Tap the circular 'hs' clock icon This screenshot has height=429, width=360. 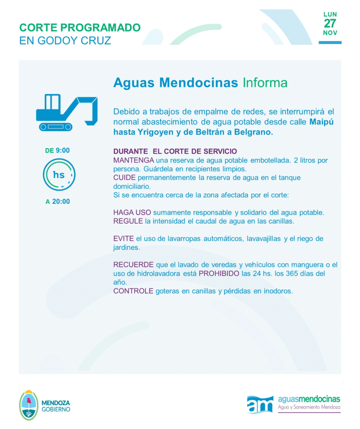59,175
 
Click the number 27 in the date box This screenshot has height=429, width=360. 330,23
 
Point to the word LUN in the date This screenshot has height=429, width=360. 330,14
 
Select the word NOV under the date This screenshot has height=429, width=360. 330,33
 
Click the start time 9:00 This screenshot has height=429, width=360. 62,150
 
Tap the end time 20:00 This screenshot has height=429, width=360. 61,202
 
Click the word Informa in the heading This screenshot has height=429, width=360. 265,83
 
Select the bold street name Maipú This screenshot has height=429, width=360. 322,122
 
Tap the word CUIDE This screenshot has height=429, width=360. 124,178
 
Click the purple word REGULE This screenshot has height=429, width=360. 128,221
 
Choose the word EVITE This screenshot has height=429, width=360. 123,239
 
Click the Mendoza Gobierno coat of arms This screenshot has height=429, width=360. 29,405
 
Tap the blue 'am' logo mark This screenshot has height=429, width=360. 260,404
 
